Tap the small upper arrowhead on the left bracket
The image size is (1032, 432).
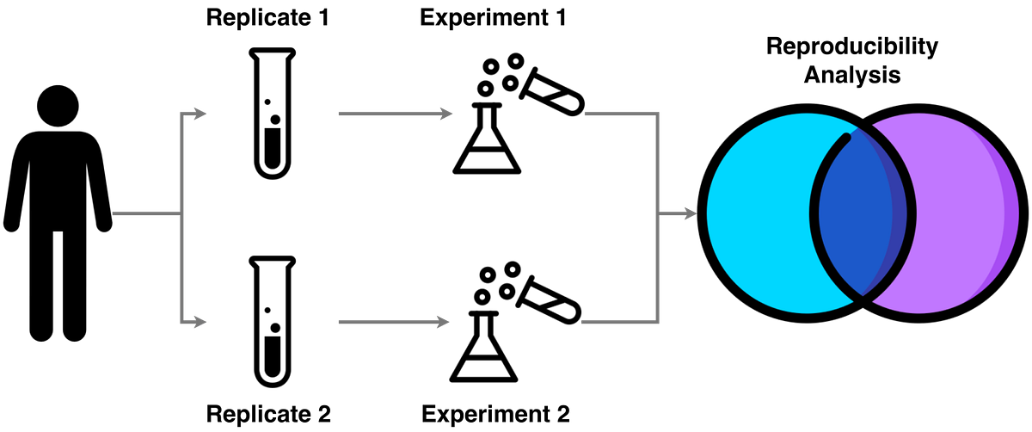point(200,114)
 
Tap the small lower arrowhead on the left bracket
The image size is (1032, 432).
point(200,323)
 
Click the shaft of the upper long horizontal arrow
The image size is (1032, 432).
point(387,114)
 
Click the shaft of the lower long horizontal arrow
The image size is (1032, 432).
point(387,323)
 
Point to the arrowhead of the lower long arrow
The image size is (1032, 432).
point(445,323)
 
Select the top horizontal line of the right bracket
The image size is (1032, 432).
point(619,114)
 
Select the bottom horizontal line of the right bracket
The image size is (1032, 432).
point(619,323)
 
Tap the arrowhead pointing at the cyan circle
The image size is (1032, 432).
point(690,214)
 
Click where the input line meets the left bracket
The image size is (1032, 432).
point(179,214)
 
